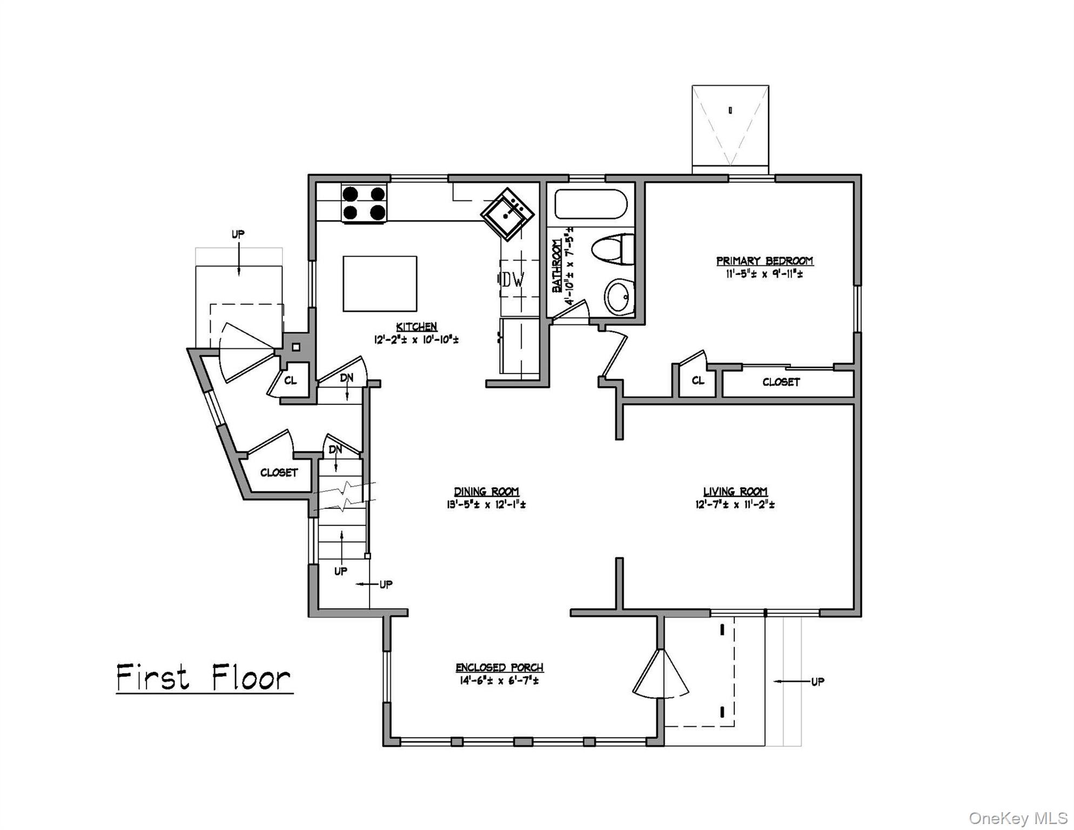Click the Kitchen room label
click(416, 326)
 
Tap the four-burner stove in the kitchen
click(364, 203)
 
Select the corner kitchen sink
click(507, 215)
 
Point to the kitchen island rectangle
click(380, 284)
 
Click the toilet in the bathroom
click(614, 249)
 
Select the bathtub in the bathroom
click(590, 204)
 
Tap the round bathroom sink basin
click(619, 297)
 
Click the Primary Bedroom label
click(764, 261)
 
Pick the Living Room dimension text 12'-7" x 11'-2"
click(735, 505)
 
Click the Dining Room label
click(486, 491)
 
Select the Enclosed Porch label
click(499, 667)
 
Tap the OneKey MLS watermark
click(1018, 818)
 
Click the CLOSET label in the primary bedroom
click(781, 382)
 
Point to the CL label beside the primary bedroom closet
click(697, 380)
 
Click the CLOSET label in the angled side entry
click(279, 473)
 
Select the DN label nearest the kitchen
click(346, 378)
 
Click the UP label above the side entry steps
click(238, 235)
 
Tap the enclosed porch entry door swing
click(661, 675)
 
